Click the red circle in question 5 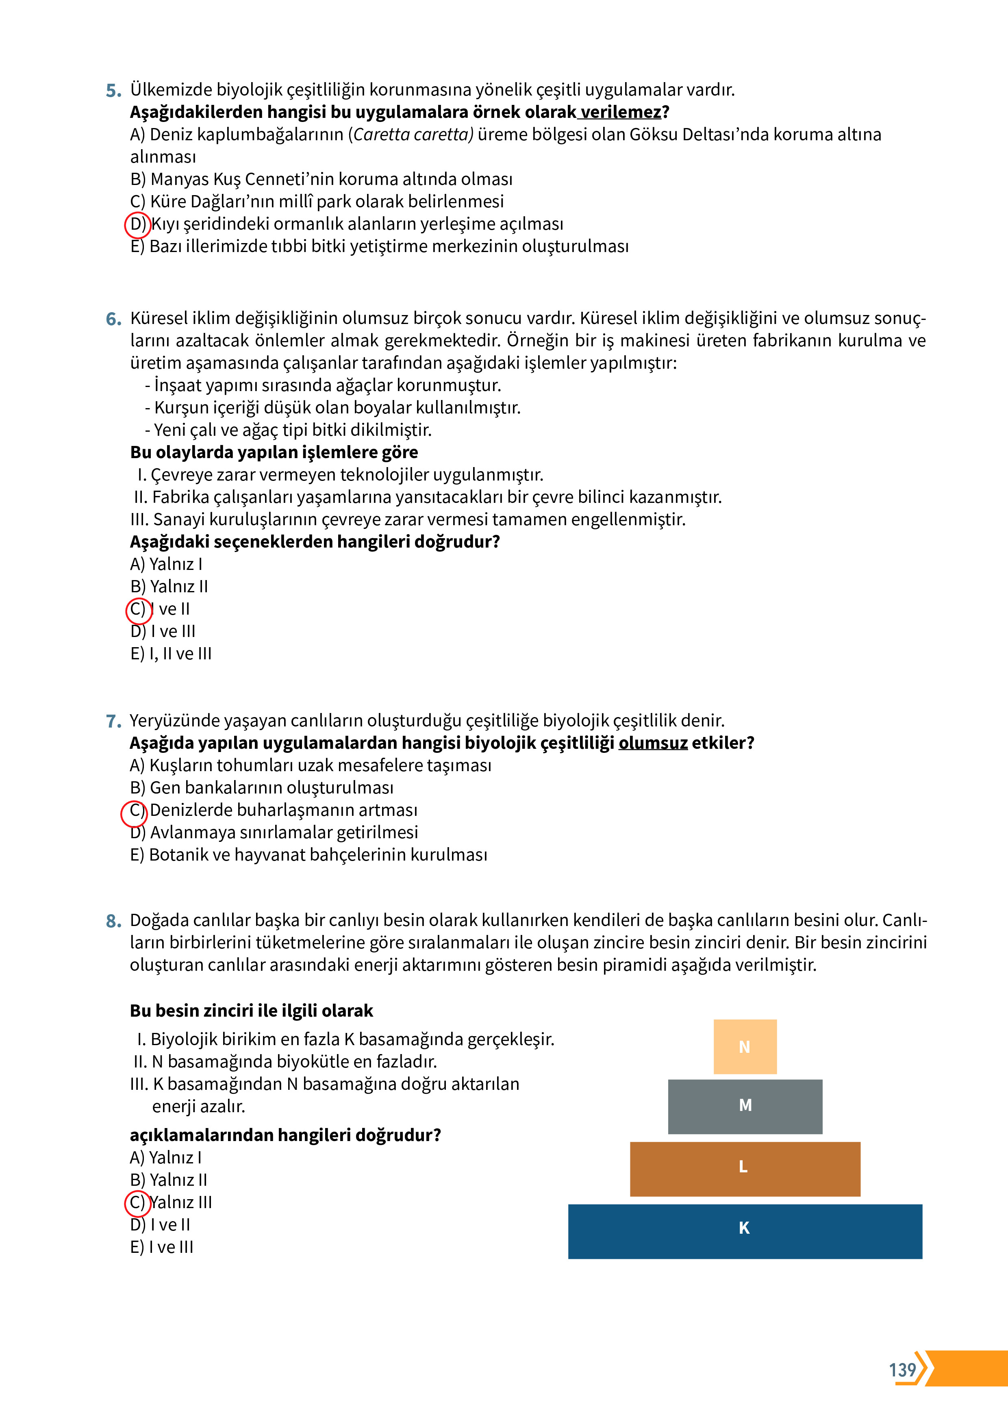137,224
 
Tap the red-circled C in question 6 139,609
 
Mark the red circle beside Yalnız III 137,1203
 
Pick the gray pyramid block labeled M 745,1106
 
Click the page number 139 902,1369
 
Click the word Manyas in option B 180,180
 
